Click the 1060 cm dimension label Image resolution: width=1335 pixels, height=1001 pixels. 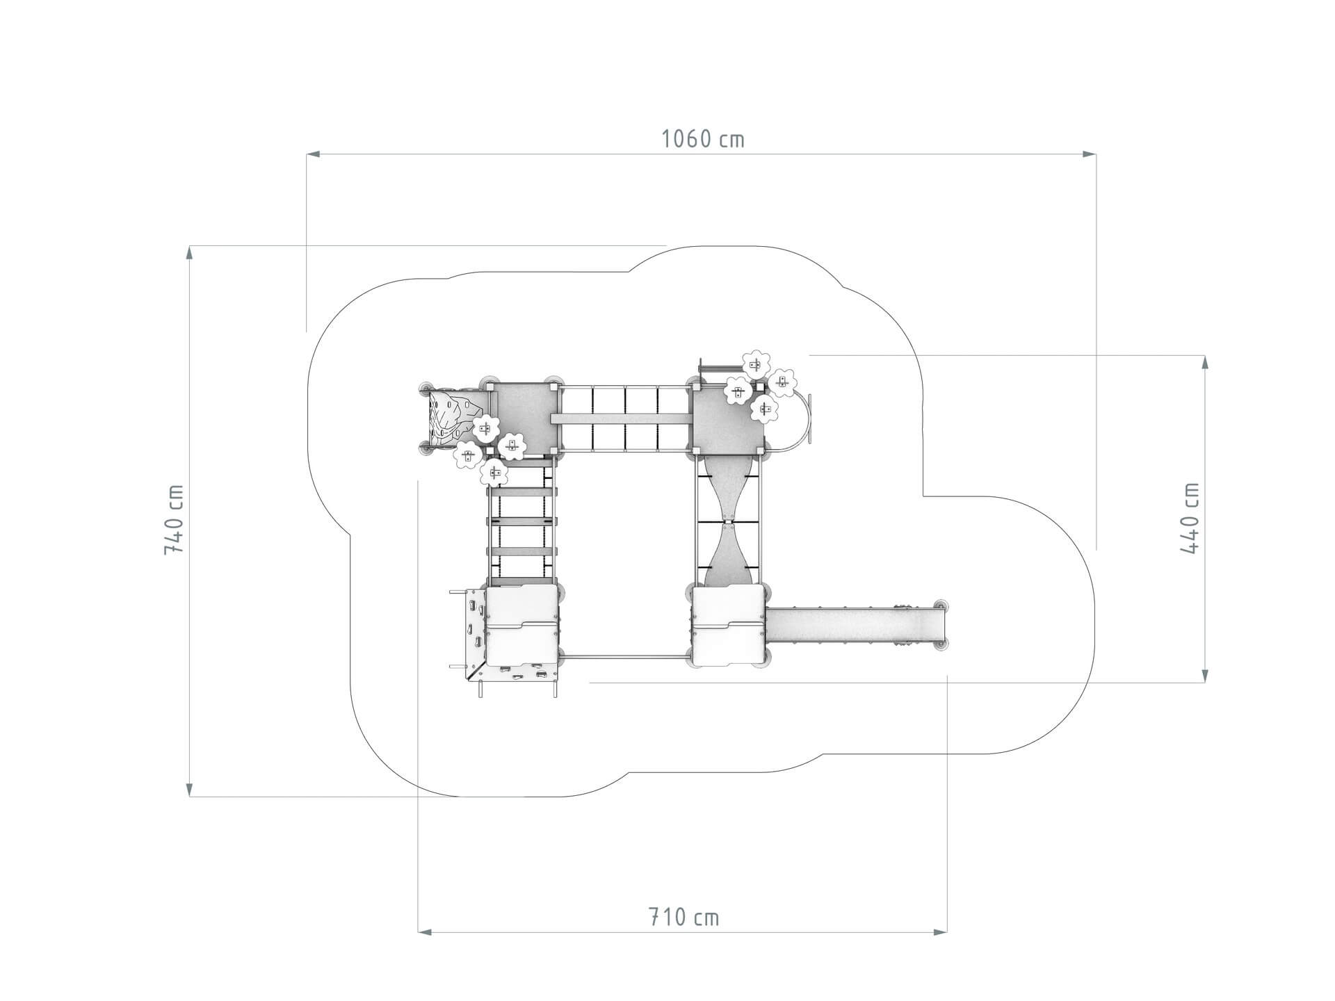pos(702,139)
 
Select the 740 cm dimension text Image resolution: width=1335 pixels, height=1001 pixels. pos(174,519)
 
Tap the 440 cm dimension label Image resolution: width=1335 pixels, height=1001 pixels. pos(1190,518)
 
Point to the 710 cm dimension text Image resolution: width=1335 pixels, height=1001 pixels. pos(683,918)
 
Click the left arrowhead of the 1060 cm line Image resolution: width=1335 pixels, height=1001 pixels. pos(313,154)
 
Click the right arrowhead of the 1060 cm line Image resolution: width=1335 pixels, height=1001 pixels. pos(1090,154)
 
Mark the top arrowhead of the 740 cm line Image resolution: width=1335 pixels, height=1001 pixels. pos(189,252)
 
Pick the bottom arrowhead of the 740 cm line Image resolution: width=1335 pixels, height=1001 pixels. pos(189,789)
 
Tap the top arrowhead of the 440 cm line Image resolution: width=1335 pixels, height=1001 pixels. pos(1205,362)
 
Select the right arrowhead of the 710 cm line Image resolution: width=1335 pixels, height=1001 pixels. pos(940,931)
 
